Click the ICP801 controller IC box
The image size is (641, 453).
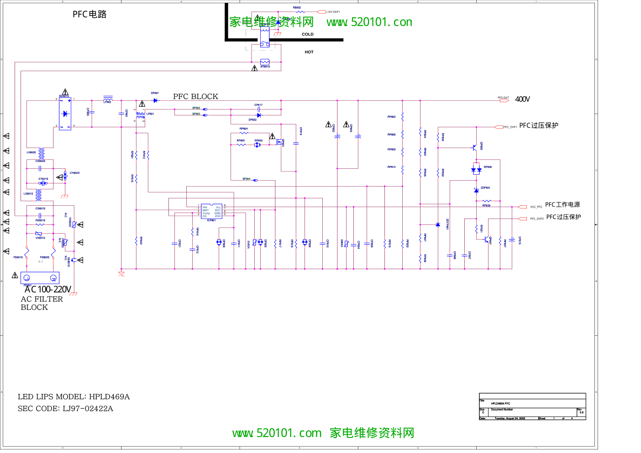(x=211, y=211)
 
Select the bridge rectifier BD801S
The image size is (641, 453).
(x=65, y=114)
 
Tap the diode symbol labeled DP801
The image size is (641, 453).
(x=155, y=100)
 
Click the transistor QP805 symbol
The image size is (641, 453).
(x=475, y=147)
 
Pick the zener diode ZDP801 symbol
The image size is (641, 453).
(x=476, y=190)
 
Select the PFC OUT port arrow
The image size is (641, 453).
(x=504, y=100)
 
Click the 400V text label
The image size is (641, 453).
(x=522, y=99)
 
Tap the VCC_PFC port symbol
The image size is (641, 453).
(x=523, y=207)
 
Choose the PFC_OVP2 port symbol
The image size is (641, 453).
(x=523, y=219)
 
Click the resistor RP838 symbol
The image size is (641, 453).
(x=487, y=201)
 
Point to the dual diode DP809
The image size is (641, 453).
(x=476, y=170)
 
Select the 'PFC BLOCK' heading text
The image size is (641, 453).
(x=195, y=96)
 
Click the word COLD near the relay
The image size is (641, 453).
(x=308, y=34)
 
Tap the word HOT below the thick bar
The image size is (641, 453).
(x=309, y=52)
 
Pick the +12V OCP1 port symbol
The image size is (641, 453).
(x=321, y=12)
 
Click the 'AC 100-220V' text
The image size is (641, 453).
(x=48, y=289)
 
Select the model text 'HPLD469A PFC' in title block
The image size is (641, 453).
(x=500, y=403)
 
